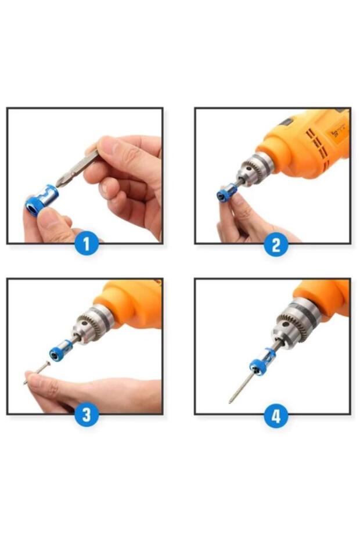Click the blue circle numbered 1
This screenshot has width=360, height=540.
(87, 244)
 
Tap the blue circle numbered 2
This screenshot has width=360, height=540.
(276, 244)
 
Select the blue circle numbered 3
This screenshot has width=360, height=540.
(87, 415)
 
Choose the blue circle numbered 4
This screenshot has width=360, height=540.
(276, 416)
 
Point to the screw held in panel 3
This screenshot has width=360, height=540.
(38, 372)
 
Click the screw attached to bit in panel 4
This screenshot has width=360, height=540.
(240, 386)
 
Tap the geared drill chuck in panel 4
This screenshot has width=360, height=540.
(294, 326)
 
